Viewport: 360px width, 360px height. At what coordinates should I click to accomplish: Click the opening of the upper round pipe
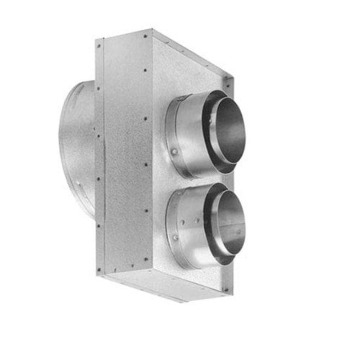(x=230, y=130)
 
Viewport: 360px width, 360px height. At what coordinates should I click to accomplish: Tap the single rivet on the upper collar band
(x=174, y=152)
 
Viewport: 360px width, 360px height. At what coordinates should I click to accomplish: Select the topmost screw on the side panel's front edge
(x=146, y=70)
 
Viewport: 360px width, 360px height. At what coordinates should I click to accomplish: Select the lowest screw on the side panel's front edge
(x=146, y=259)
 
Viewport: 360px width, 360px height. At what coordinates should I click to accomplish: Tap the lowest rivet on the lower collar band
(x=175, y=238)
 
